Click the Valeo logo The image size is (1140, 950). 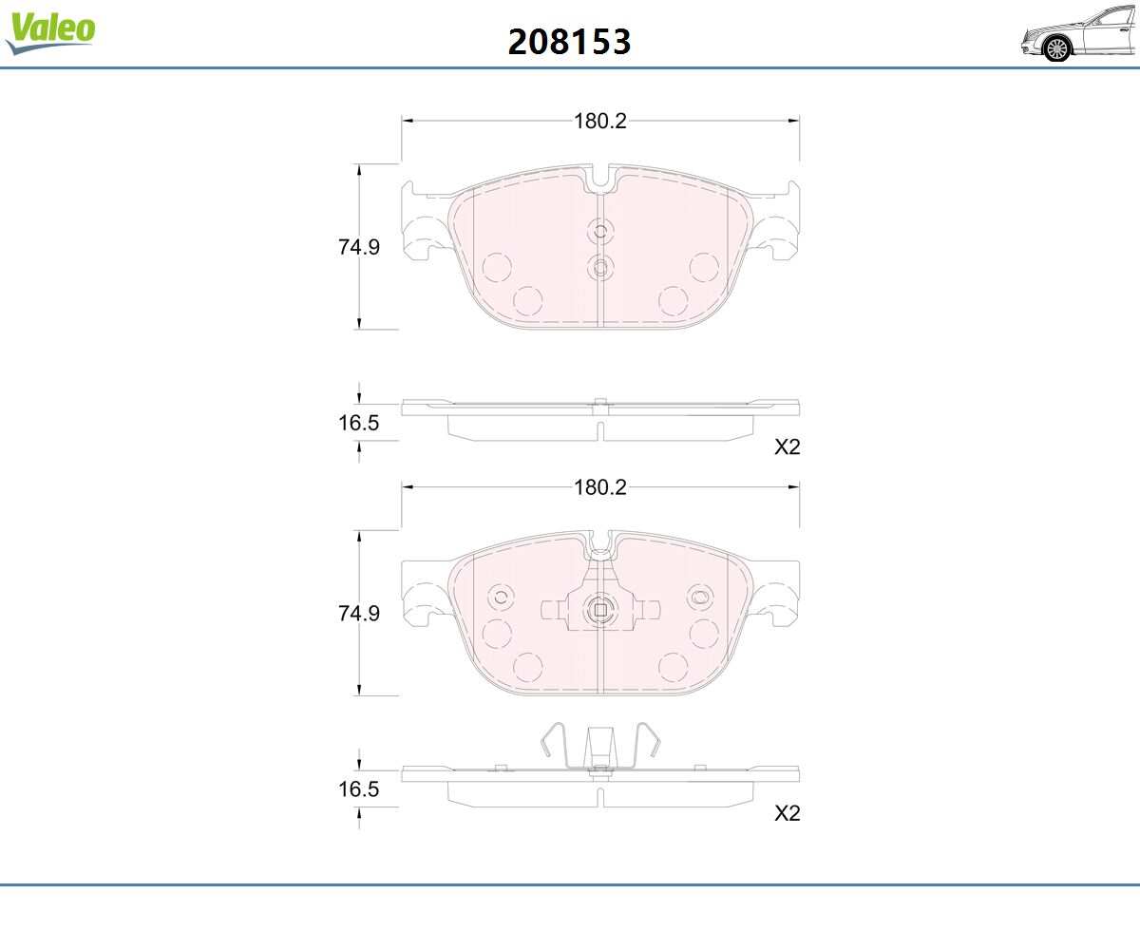(x=50, y=32)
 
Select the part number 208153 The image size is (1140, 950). (x=569, y=42)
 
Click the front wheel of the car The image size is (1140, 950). (x=1057, y=49)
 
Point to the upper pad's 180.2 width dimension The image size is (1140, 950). (x=600, y=121)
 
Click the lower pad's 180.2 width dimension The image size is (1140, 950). (x=600, y=487)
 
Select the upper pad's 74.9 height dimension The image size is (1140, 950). (x=359, y=247)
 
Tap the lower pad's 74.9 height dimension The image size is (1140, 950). (x=359, y=613)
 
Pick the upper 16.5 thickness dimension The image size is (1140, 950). (x=359, y=423)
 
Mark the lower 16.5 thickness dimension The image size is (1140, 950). (x=359, y=788)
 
